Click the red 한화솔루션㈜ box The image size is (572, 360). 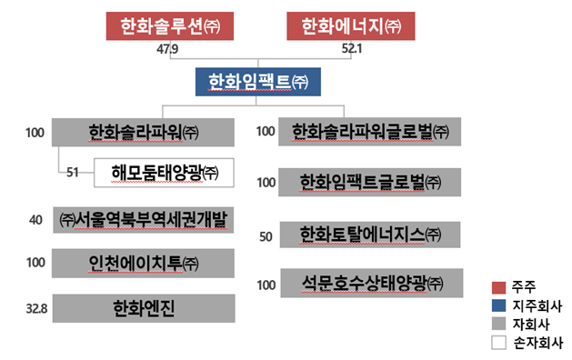170,25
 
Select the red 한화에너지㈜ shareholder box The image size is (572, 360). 351,25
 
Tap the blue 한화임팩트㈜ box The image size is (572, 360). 258,82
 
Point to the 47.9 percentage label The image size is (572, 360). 167,49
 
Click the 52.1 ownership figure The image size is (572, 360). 352,48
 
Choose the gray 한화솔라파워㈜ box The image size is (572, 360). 143,132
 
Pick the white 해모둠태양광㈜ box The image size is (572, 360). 164,173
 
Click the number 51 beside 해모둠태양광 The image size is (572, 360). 73,172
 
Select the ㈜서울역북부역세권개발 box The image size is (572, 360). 144,220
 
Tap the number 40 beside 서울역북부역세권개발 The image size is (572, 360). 35,220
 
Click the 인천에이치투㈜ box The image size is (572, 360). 143,264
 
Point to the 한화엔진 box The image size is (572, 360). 144,308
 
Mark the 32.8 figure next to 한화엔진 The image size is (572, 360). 37,309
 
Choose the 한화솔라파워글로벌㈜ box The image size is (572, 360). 369,132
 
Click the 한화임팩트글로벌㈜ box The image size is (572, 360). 369,183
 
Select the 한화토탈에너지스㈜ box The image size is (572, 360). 370,235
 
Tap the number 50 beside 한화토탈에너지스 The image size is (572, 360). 266,236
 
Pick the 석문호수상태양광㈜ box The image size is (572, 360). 372,283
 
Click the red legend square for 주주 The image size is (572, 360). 498,287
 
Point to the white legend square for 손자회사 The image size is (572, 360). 498,343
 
